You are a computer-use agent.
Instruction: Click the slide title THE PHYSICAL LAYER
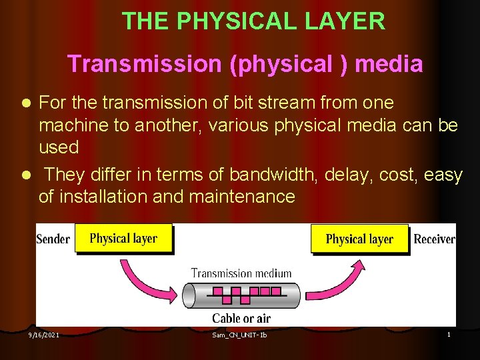[x=253, y=21]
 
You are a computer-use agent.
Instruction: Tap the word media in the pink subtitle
[x=389, y=64]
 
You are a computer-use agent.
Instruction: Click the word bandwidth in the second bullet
[x=274, y=175]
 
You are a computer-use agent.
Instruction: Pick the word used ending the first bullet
[x=59, y=147]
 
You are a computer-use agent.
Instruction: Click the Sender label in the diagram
[x=53, y=239]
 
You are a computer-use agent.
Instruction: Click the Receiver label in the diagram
[x=434, y=239]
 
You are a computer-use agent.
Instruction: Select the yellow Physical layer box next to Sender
[x=123, y=239]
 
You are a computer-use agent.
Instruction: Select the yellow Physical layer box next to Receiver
[x=359, y=239]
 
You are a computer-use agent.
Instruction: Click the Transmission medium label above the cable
[x=241, y=273]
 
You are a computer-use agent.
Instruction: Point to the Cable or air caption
[x=241, y=318]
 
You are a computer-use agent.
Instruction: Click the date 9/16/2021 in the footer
[x=43, y=335]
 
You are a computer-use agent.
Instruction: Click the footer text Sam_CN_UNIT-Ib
[x=239, y=335]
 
